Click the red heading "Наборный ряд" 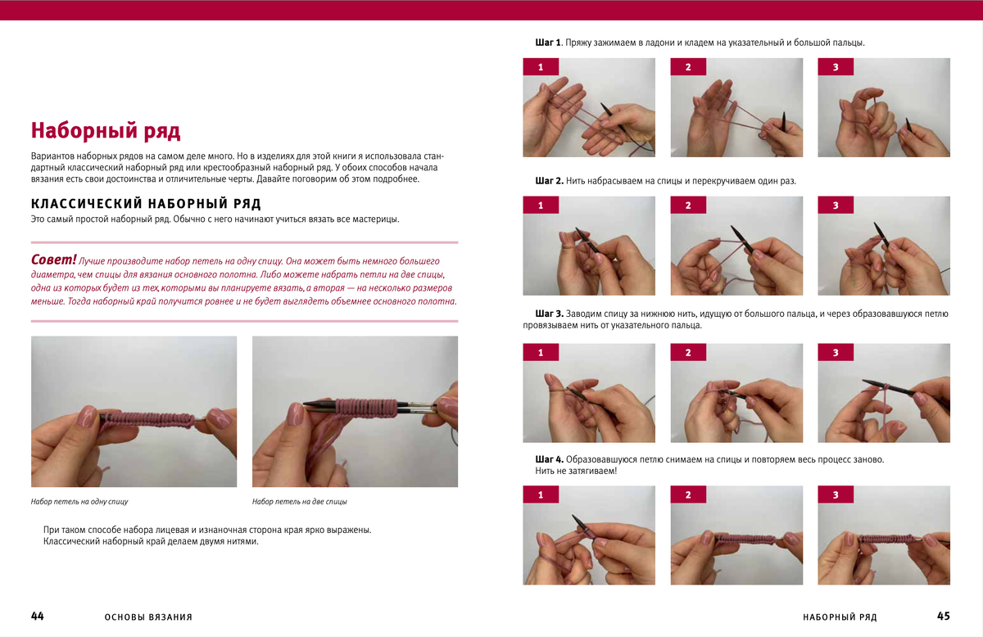[x=106, y=131]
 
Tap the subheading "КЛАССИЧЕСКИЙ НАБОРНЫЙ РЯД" [x=146, y=204]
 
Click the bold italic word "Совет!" [x=53, y=260]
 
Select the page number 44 [x=38, y=616]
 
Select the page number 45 [x=944, y=616]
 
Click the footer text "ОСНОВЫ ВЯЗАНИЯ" [x=148, y=617]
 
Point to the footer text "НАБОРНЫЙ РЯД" [x=840, y=617]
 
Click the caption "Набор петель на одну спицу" [x=79, y=501]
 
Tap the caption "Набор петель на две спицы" [x=299, y=501]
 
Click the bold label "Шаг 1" [x=548, y=43]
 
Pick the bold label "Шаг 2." [x=549, y=181]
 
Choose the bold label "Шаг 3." [x=549, y=314]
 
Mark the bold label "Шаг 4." [x=549, y=459]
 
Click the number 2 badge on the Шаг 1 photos [x=688, y=66]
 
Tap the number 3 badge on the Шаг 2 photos [x=836, y=205]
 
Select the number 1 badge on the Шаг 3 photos [x=541, y=352]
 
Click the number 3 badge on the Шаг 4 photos [x=836, y=495]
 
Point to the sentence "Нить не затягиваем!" [x=576, y=471]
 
